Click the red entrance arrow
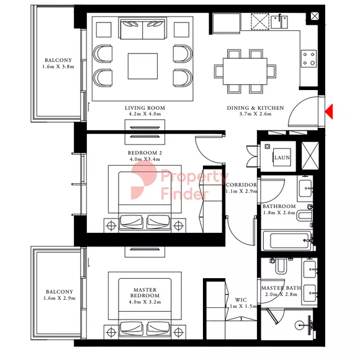click(x=329, y=111)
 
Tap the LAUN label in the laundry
click(x=282, y=158)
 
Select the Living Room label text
click(x=145, y=108)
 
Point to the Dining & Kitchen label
click(x=255, y=108)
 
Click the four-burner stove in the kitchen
click(x=309, y=58)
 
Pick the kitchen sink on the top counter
click(x=279, y=22)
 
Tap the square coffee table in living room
click(x=143, y=66)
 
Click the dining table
click(x=245, y=71)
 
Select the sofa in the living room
click(x=143, y=29)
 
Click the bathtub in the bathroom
click(x=287, y=240)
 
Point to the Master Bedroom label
click(x=145, y=293)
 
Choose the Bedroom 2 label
click(x=145, y=153)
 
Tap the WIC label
click(x=241, y=300)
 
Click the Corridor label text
click(x=241, y=185)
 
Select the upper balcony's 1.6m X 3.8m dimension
click(x=58, y=67)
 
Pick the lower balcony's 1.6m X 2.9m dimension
click(x=60, y=298)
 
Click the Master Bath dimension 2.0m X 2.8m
click(x=281, y=294)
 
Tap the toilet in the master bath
click(x=281, y=266)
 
